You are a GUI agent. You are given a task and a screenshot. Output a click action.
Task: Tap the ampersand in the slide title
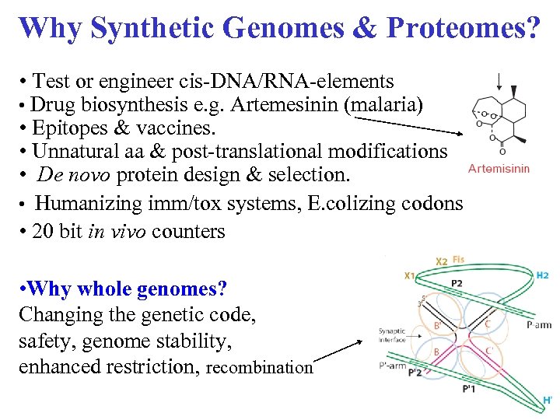(355, 28)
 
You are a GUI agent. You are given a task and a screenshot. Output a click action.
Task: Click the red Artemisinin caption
(499, 168)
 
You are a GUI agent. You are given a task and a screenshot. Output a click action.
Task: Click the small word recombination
(260, 368)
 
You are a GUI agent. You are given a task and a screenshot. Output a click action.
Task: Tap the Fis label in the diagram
(458, 261)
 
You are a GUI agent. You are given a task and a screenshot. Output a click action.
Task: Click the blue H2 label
(542, 275)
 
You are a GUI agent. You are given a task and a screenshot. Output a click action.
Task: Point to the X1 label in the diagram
(410, 275)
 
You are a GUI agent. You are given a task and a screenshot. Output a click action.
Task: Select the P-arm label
(538, 325)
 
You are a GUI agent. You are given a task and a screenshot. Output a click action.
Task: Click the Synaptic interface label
(394, 334)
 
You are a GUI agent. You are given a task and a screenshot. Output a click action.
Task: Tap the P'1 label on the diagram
(470, 388)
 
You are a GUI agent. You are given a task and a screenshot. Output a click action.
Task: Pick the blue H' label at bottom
(547, 401)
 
